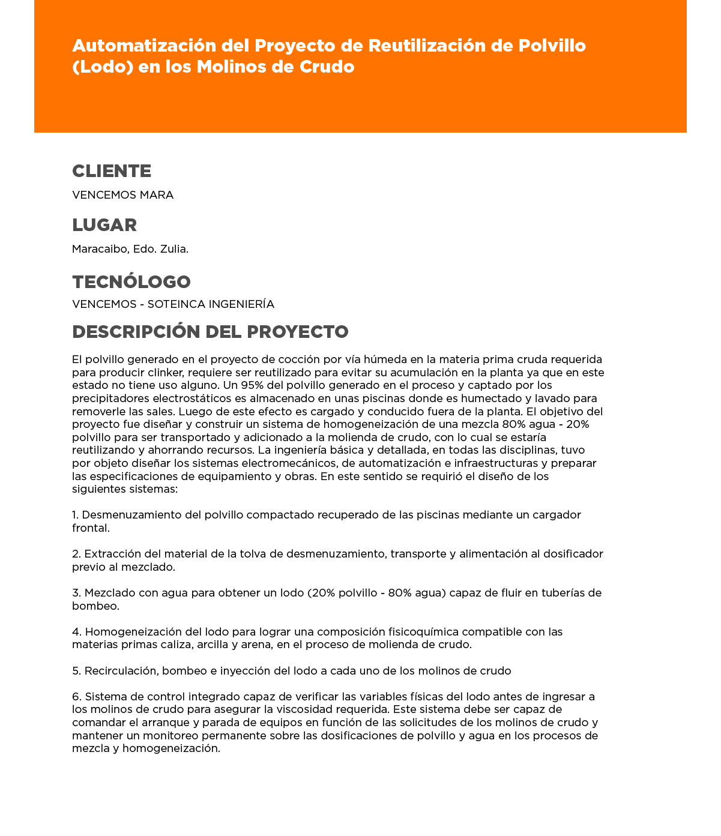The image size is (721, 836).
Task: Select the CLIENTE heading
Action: (112, 171)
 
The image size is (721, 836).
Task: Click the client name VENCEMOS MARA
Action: (122, 195)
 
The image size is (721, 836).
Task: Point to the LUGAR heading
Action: (104, 225)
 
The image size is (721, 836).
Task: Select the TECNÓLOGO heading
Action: (131, 281)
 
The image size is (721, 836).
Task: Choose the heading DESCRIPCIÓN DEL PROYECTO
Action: (210, 332)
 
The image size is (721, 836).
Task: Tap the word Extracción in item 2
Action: (112, 554)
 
